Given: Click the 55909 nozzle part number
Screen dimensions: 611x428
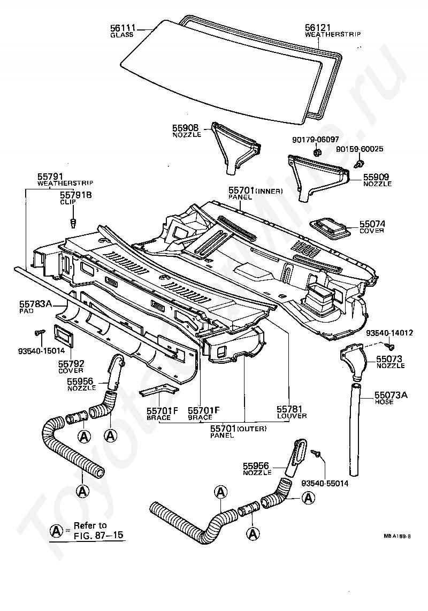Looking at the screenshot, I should tap(377, 176).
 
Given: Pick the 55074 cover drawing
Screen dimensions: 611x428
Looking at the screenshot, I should tap(330, 227).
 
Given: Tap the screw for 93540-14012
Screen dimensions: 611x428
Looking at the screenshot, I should tap(391, 340).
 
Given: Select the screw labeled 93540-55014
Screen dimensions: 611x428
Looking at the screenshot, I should tap(317, 454).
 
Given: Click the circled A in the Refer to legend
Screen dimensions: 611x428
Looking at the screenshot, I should tap(56, 530).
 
